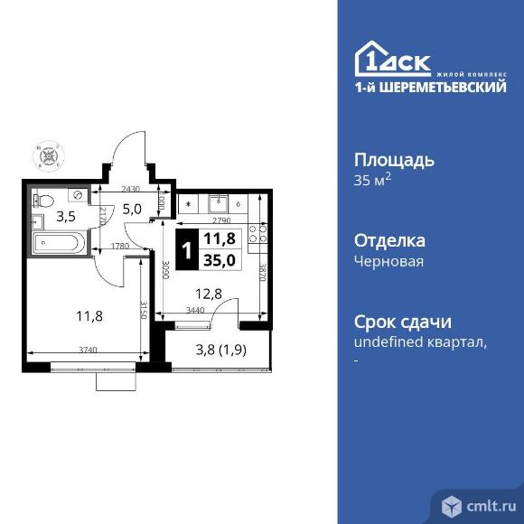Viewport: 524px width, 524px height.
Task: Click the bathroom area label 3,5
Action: click(x=66, y=217)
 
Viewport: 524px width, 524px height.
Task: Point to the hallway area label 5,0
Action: click(x=133, y=211)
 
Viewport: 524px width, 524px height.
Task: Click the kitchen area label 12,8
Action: click(x=208, y=293)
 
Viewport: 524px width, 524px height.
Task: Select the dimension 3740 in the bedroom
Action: click(x=88, y=348)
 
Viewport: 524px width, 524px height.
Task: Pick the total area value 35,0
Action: click(x=219, y=260)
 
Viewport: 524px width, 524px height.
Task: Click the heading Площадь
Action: click(x=393, y=161)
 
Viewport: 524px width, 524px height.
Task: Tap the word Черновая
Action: click(x=388, y=261)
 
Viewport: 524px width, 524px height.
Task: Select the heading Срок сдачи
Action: click(x=401, y=323)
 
